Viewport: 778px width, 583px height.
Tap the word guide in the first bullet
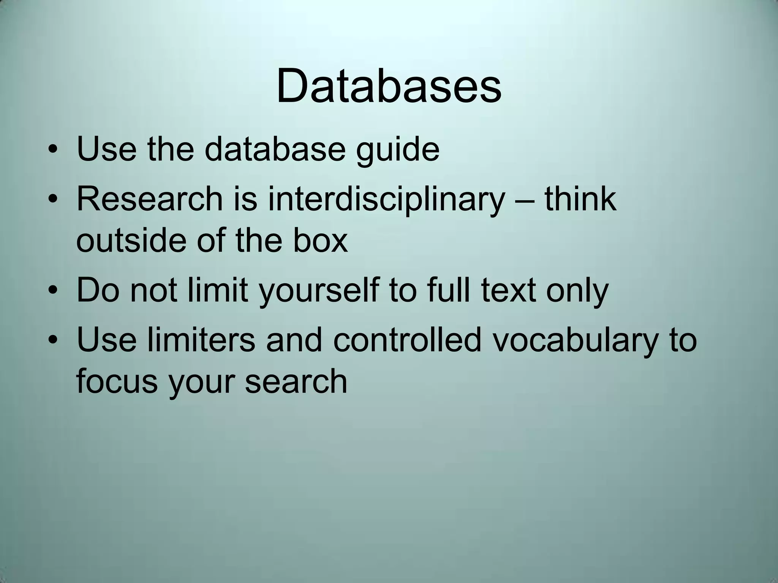point(398,150)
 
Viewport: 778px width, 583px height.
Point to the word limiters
point(201,339)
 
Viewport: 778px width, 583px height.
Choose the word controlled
point(408,339)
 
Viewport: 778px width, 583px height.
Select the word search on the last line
point(296,381)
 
